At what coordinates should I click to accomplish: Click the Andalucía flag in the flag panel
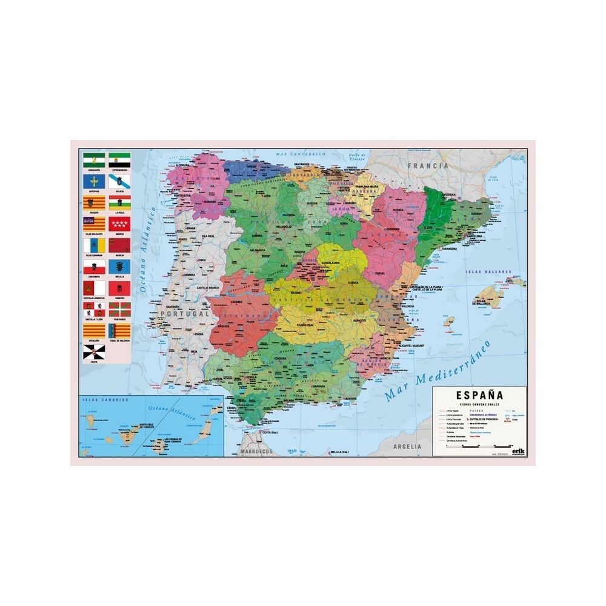[94, 161]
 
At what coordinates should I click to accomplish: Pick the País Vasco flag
[119, 308]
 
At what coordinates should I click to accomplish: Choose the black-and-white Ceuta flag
[94, 351]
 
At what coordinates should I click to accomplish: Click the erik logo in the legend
[518, 450]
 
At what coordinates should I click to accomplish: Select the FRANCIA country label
[428, 165]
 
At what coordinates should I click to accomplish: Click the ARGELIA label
[407, 447]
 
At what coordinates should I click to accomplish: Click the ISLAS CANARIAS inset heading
[107, 401]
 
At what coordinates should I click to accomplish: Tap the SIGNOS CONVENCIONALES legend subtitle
[479, 404]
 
